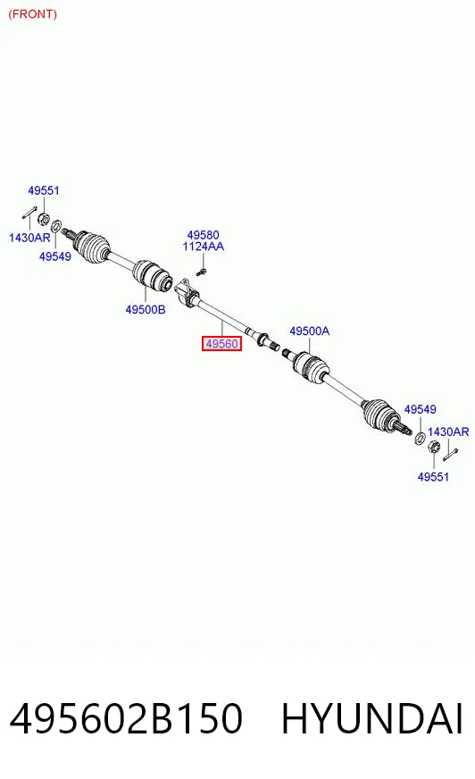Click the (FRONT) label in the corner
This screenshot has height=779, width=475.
click(33, 14)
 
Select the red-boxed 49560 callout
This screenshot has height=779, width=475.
click(221, 343)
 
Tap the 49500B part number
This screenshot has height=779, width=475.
click(146, 309)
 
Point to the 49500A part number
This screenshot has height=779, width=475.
click(309, 331)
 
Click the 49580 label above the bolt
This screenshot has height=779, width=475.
click(203, 234)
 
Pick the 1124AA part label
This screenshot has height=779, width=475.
click(203, 247)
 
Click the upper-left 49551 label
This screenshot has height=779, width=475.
click(44, 190)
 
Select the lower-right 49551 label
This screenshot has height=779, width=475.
click(433, 477)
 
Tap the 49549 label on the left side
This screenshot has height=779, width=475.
click(55, 256)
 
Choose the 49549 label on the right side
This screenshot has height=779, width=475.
click(420, 409)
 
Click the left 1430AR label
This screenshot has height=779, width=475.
click(29, 238)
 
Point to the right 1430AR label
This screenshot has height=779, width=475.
click(448, 431)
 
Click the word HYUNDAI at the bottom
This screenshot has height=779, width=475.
click(372, 719)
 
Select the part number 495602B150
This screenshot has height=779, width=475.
click(126, 719)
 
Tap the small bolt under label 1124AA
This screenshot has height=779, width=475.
click(201, 272)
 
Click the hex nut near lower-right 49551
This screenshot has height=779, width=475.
click(433, 447)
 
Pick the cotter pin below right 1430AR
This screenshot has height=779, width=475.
click(451, 454)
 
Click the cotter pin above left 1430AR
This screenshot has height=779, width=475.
click(29, 212)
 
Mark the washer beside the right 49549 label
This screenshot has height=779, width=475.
click(420, 438)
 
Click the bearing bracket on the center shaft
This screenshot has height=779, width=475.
click(186, 293)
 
